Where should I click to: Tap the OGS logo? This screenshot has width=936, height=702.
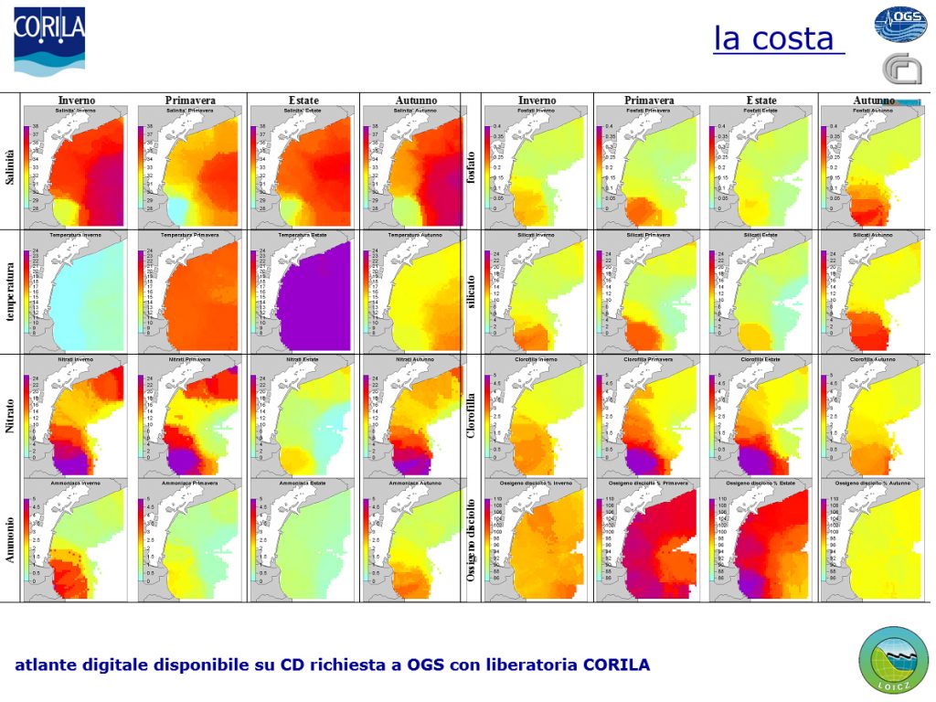click(x=899, y=24)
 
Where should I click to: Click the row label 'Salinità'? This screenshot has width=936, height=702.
click(x=11, y=166)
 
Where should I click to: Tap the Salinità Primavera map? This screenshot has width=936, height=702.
click(x=189, y=168)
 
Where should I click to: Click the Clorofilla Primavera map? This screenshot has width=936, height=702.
click(x=649, y=416)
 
